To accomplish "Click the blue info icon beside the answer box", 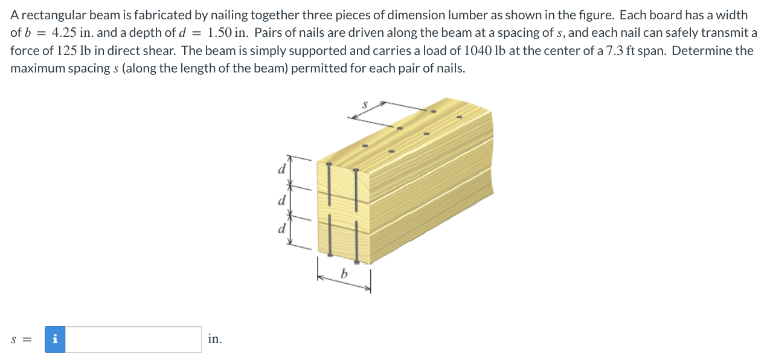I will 56,339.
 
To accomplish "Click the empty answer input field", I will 133,339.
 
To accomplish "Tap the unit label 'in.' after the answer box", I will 214,339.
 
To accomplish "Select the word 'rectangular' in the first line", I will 49,15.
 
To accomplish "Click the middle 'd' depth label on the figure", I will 281,199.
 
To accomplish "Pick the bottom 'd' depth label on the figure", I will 281,229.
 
